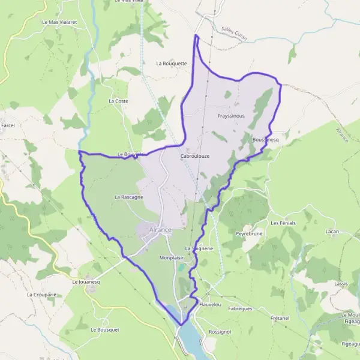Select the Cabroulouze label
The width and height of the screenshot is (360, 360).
pos(194,156)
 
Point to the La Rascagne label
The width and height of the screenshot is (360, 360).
pos(128,197)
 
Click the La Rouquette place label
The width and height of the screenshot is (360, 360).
pos(172,63)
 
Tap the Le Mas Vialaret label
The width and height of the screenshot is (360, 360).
pos(59,22)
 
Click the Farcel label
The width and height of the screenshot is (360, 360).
pos(8,125)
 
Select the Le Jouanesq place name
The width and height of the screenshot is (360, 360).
pos(84,281)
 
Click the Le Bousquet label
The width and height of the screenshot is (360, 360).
pos(105,329)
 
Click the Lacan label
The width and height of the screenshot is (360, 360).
pos(332,231)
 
